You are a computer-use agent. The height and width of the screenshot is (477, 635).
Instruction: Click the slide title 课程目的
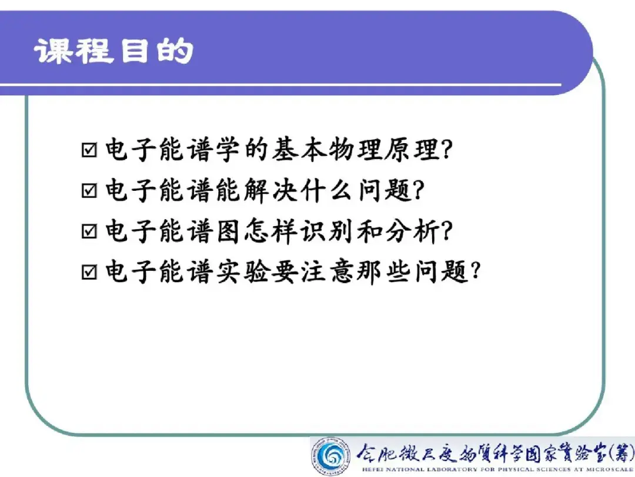point(113,51)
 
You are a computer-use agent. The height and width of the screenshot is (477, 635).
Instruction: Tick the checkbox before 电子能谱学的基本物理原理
point(89,150)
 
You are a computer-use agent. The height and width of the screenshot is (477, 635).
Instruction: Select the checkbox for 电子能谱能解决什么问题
point(89,190)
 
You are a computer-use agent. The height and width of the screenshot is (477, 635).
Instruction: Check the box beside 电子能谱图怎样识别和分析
point(89,231)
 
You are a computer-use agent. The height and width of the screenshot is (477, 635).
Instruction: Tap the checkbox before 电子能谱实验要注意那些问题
point(89,271)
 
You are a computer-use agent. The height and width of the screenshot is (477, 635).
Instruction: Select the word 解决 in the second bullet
point(271,190)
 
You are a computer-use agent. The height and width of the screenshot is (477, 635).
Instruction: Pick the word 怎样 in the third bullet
point(271,231)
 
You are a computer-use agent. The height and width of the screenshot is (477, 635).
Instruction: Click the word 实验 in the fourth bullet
point(242,271)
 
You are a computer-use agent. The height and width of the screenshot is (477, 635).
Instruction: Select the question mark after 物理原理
point(447,149)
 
